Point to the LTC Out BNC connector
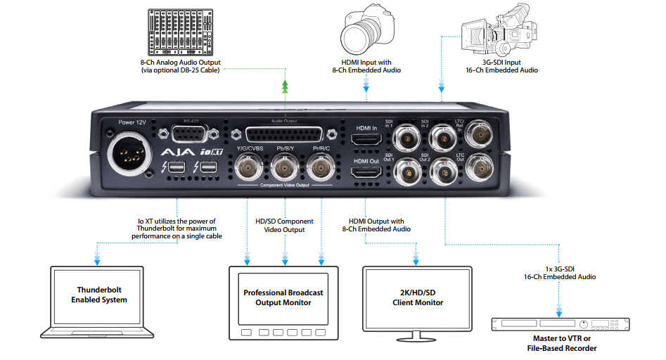pyautogui.click(x=480, y=168)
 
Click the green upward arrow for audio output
pyautogui.click(x=286, y=86)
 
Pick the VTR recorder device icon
pyautogui.click(x=560, y=326)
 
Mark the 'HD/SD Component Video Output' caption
pyautogui.click(x=284, y=225)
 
